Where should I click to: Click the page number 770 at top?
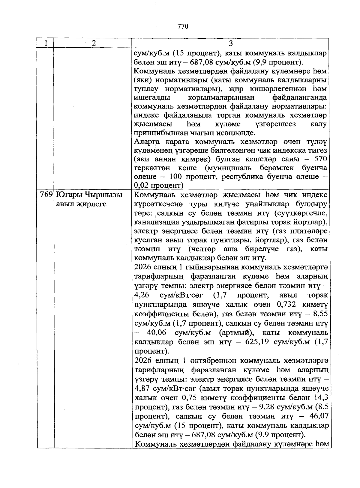182,26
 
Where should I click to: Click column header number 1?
45,43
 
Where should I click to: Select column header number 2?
94,43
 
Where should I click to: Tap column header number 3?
230,43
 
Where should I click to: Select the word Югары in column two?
69,195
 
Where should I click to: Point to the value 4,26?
142,295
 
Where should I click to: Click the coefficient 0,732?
286,304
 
